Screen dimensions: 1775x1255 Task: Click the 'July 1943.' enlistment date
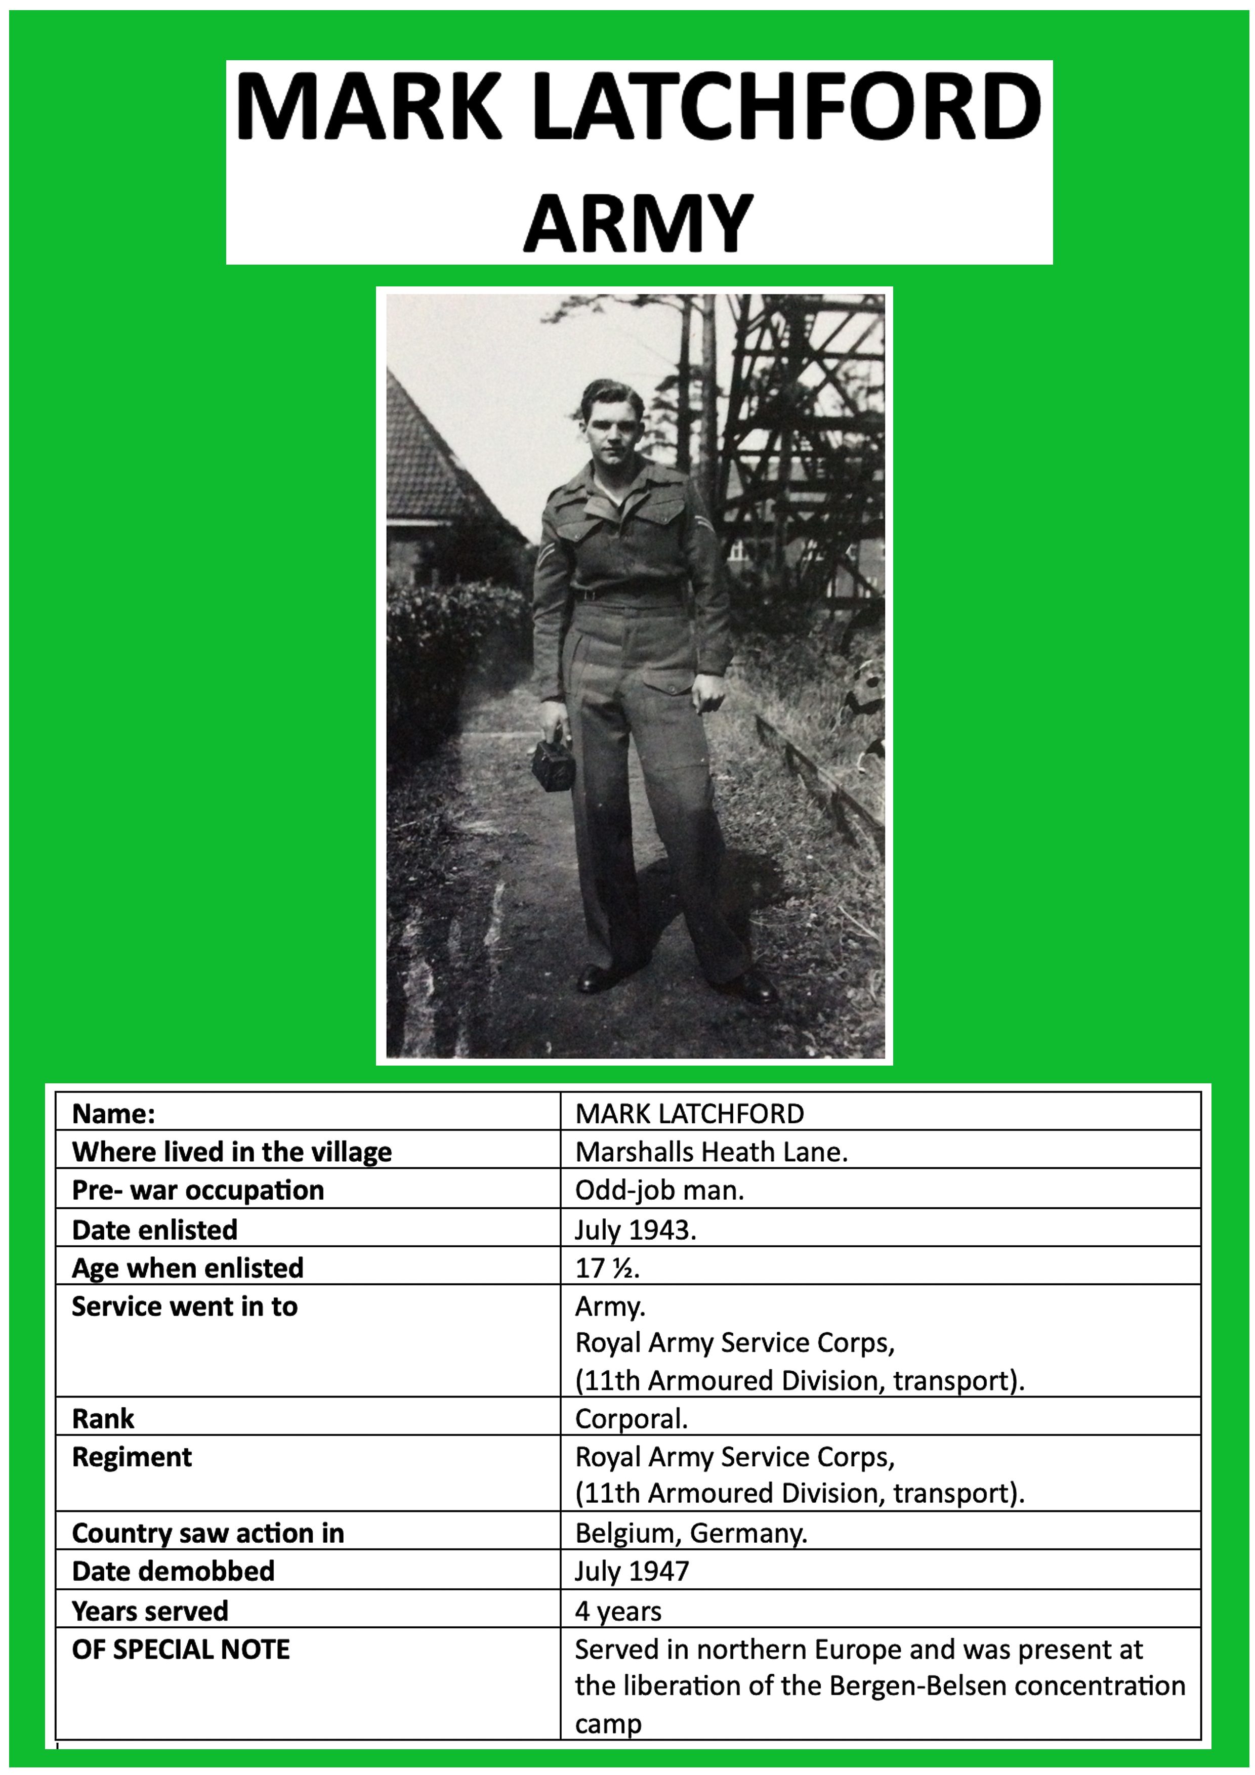[x=635, y=1229]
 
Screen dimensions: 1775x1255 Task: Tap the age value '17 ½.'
[x=607, y=1268]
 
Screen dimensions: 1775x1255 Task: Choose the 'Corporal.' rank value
[x=631, y=1418]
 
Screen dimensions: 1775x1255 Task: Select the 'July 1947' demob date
[x=631, y=1571]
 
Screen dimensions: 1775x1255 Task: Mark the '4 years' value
[x=618, y=1611]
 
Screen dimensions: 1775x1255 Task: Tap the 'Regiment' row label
[x=132, y=1457]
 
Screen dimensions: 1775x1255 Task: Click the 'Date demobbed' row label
[x=173, y=1571]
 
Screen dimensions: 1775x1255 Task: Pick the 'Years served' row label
[x=149, y=1611]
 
